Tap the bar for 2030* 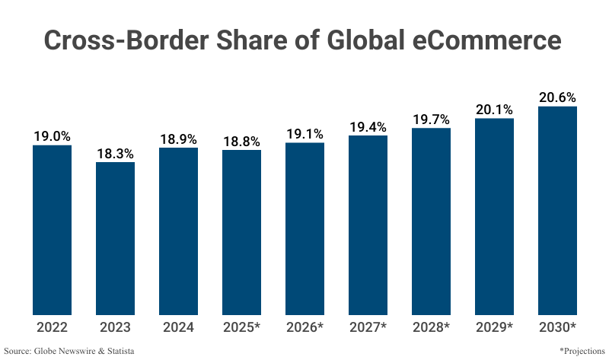tap(557, 210)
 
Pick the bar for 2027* tap(368, 225)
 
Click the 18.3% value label tap(115, 153)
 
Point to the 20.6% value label tap(557, 97)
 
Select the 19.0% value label tap(52, 136)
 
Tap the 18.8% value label tap(241, 141)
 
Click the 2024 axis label tap(178, 327)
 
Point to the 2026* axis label tap(304, 327)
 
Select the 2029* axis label tap(494, 327)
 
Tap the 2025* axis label tap(241, 327)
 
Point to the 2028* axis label tap(431, 327)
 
